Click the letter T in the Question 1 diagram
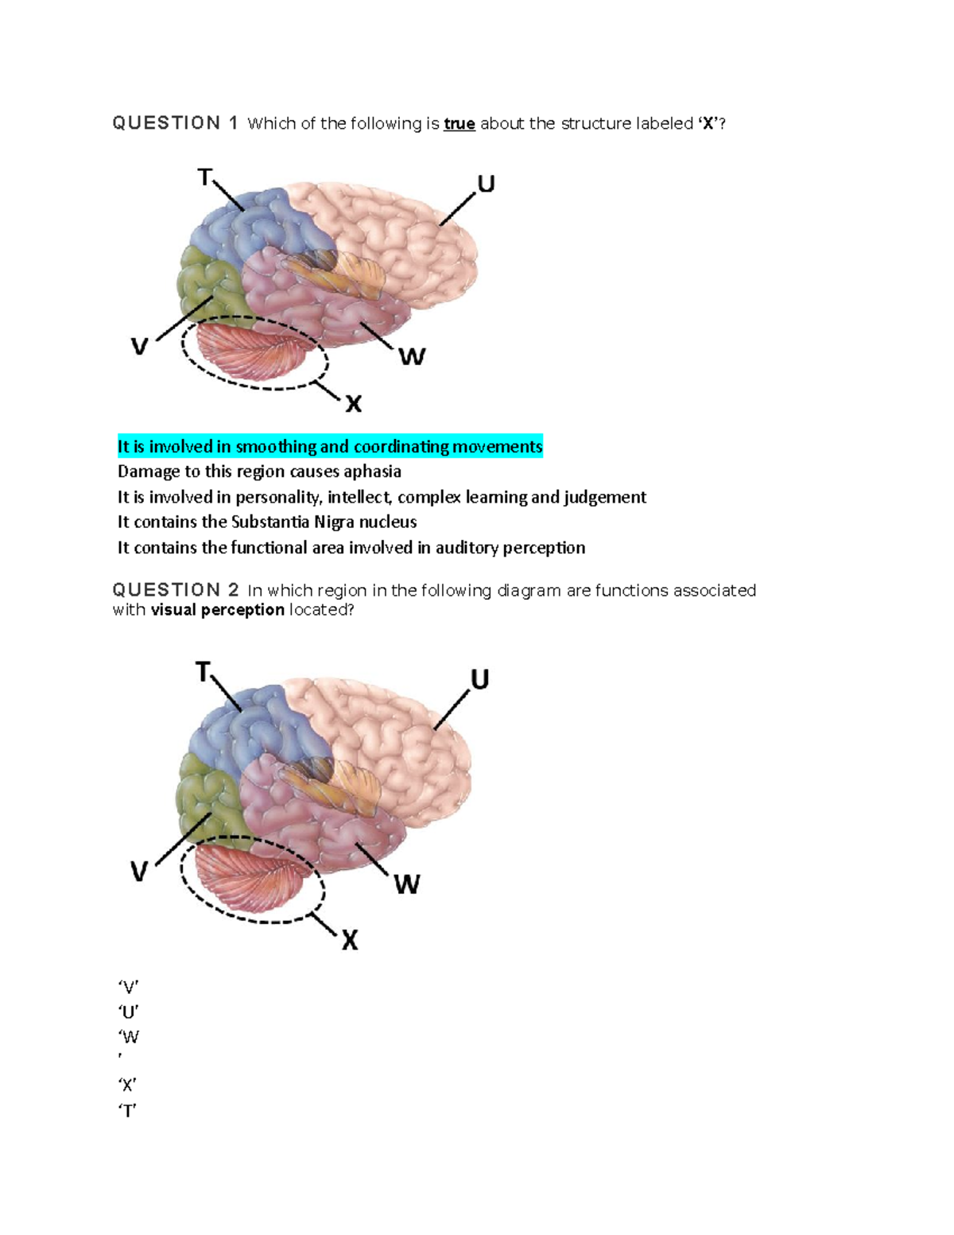coord(205,177)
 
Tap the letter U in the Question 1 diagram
coord(486,184)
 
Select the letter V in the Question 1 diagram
coord(139,347)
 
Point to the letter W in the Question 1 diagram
coord(412,356)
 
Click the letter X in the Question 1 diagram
coord(354,404)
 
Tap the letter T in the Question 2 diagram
coord(204,673)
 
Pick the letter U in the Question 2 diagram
coord(479,679)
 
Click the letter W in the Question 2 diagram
coord(406,884)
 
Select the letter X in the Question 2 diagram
coord(350,942)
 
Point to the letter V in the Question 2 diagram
coord(139,872)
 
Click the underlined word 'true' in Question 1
coord(460,124)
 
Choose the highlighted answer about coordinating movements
coord(330,447)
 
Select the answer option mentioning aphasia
coord(259,472)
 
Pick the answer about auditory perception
coord(351,548)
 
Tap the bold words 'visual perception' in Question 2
coord(217,610)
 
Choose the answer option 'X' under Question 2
coord(127,1085)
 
